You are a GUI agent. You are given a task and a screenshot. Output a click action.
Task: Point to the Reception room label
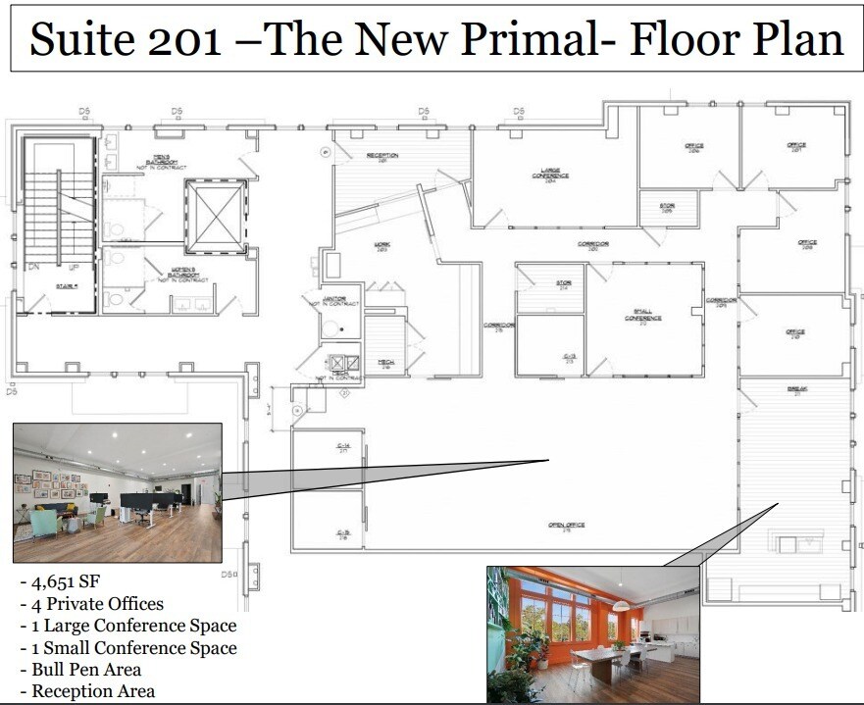[381, 157]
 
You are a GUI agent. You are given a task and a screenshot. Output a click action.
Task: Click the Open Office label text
[566, 527]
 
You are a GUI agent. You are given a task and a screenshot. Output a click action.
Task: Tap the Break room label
[794, 390]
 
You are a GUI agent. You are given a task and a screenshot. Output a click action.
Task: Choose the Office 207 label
[795, 147]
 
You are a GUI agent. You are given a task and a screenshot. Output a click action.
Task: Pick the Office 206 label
[694, 148]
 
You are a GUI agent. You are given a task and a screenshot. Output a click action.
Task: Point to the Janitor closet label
[339, 301]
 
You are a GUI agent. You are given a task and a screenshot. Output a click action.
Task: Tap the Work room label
[382, 246]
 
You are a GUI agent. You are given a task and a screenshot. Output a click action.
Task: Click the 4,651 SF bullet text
[60, 581]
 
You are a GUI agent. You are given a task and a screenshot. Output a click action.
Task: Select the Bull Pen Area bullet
[86, 670]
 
